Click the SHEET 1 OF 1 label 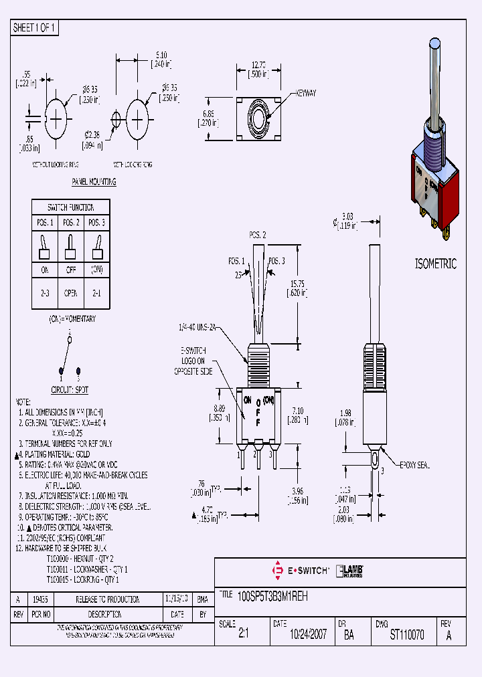click(x=35, y=28)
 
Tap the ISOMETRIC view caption click(x=436, y=264)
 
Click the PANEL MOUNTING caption click(x=94, y=182)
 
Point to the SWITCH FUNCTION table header click(x=71, y=207)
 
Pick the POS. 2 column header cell click(x=71, y=222)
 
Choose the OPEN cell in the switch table click(x=71, y=292)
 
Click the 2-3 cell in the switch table click(x=45, y=292)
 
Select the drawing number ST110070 click(x=406, y=636)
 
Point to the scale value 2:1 click(x=242, y=636)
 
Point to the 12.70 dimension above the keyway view click(x=260, y=66)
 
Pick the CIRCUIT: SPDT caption click(x=70, y=389)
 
